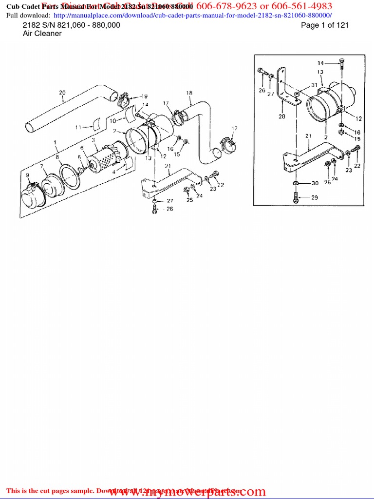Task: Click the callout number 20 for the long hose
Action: pyautogui.click(x=62, y=92)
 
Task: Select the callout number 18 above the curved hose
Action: pyautogui.click(x=189, y=93)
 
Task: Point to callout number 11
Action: pyautogui.click(x=78, y=128)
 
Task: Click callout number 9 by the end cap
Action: pyautogui.click(x=28, y=175)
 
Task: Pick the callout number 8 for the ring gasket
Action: pyautogui.click(x=58, y=157)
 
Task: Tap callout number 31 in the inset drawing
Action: pyautogui.click(x=315, y=85)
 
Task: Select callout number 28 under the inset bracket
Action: pyautogui.click(x=281, y=117)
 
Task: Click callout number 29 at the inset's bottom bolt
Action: pyautogui.click(x=315, y=197)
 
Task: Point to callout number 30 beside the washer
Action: pyautogui.click(x=315, y=183)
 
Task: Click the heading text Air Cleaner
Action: pyautogui.click(x=42, y=34)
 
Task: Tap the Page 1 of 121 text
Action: pyautogui.click(x=325, y=25)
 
